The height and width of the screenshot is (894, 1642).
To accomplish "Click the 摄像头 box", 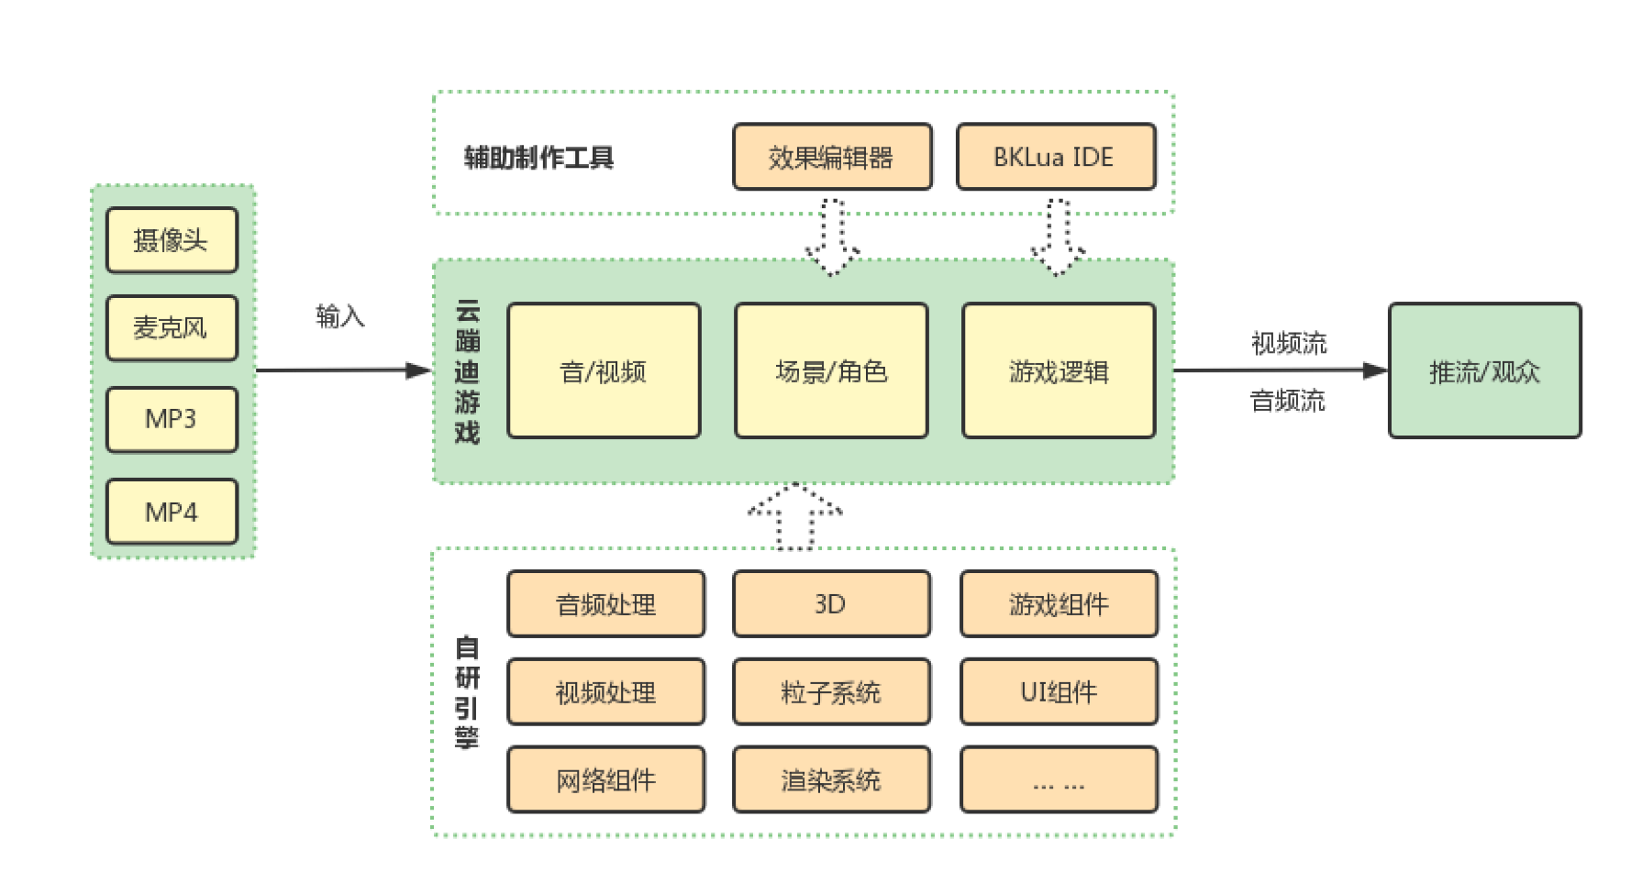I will point(172,240).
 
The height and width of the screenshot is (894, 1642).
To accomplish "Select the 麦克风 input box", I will point(172,327).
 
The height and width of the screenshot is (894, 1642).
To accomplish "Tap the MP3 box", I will point(172,419).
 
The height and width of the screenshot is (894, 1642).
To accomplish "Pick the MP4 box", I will point(172,512).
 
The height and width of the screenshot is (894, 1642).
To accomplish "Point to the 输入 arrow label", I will point(340,316).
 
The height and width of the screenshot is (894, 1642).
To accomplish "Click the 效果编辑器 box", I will point(832,157).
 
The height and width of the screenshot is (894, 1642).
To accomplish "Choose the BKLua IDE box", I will point(1055,157).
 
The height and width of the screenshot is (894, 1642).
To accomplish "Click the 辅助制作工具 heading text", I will point(538,158).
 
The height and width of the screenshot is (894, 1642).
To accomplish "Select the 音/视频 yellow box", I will point(604,370).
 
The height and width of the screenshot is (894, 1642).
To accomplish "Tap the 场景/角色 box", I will point(831,370).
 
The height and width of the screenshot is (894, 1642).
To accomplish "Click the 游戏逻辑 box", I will point(1059,370).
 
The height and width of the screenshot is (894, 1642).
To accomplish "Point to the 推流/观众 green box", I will point(1484,370).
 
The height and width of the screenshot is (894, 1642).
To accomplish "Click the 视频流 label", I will point(1289,344).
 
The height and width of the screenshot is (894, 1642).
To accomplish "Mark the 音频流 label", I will point(1288,401).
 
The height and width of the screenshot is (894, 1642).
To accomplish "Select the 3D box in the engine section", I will point(831,603).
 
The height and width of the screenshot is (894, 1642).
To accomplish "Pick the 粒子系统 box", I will point(831,691).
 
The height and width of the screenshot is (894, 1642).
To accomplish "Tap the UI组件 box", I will point(1059,691).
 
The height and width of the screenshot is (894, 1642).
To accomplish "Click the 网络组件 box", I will point(605,779).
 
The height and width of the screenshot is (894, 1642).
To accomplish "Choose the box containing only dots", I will point(1059,779).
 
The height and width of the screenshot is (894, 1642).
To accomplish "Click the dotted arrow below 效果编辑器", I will point(832,237).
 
